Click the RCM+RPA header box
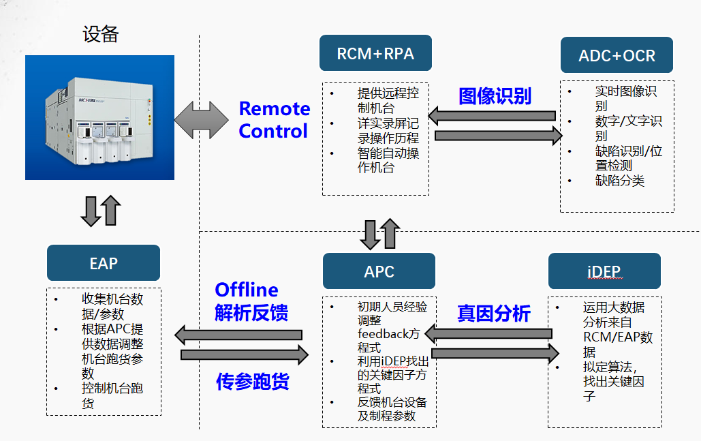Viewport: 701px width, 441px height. [x=375, y=53]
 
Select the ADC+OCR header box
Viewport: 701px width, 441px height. [x=617, y=55]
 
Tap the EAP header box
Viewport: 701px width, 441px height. [x=104, y=263]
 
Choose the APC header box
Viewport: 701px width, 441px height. [x=379, y=271]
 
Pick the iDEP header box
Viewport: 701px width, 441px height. [x=604, y=271]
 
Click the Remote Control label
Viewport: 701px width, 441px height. [x=274, y=120]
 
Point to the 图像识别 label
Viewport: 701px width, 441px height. [x=495, y=96]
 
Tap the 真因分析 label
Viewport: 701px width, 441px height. [x=494, y=313]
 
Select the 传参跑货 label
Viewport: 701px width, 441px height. [x=253, y=382]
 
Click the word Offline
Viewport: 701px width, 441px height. [x=247, y=290]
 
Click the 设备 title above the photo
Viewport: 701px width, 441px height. [x=101, y=34]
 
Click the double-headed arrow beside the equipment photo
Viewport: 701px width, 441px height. [x=201, y=120]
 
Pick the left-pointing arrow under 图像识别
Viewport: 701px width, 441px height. [x=492, y=116]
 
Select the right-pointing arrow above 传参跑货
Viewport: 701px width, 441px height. [x=245, y=354]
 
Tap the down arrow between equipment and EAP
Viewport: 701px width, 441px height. [x=91, y=211]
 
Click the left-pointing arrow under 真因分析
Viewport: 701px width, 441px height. [x=488, y=334]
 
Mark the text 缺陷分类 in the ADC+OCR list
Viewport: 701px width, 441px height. [x=620, y=180]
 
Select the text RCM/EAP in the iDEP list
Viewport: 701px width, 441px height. [x=606, y=337]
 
